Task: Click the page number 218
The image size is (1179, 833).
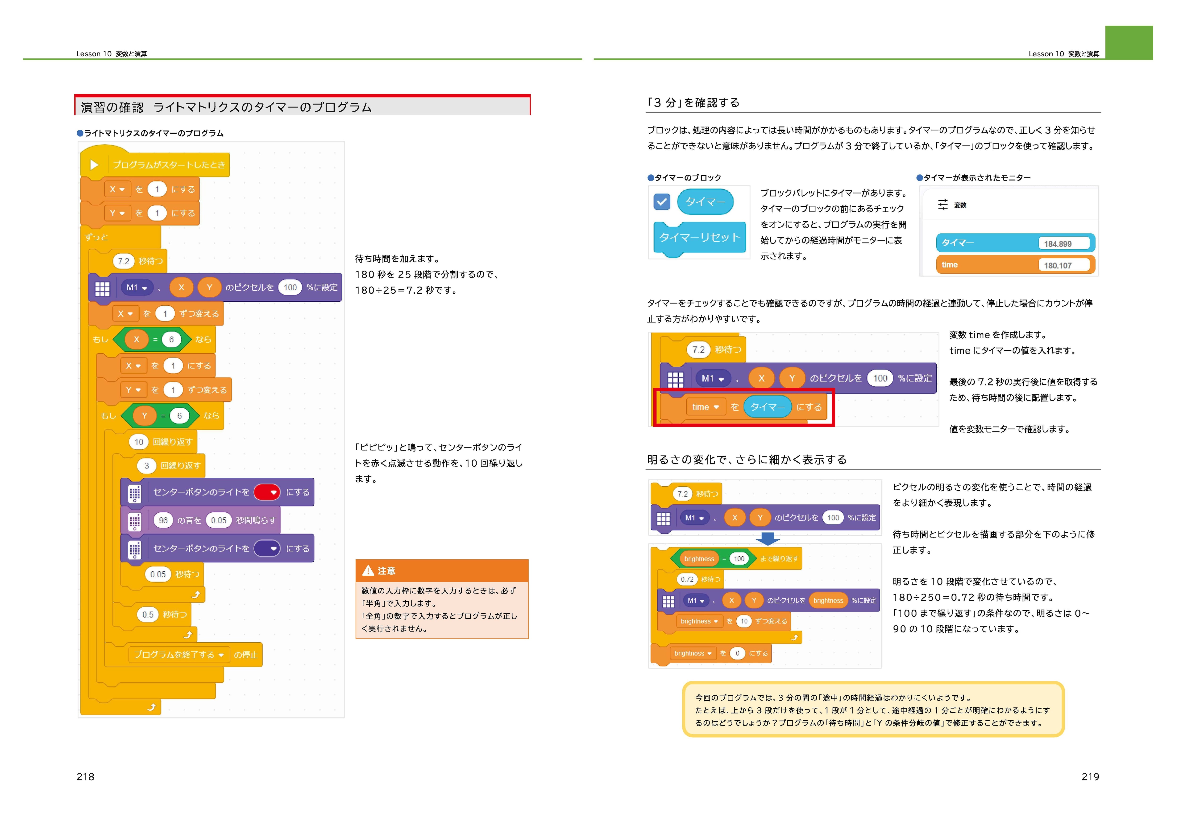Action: pyautogui.click(x=85, y=776)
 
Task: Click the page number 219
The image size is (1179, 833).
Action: pyautogui.click(x=1090, y=776)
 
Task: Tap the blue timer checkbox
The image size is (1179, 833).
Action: pyautogui.click(x=662, y=202)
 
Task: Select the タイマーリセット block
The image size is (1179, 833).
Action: pyautogui.click(x=699, y=238)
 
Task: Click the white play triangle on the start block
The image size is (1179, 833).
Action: pyautogui.click(x=94, y=165)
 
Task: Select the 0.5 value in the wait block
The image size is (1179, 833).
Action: pyautogui.click(x=148, y=614)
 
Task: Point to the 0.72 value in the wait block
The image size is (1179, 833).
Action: pyautogui.click(x=687, y=579)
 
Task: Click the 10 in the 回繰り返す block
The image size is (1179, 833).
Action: pyautogui.click(x=139, y=442)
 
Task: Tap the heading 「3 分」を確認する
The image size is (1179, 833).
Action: pyautogui.click(x=693, y=103)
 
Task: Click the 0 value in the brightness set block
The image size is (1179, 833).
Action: pyautogui.click(x=737, y=653)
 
